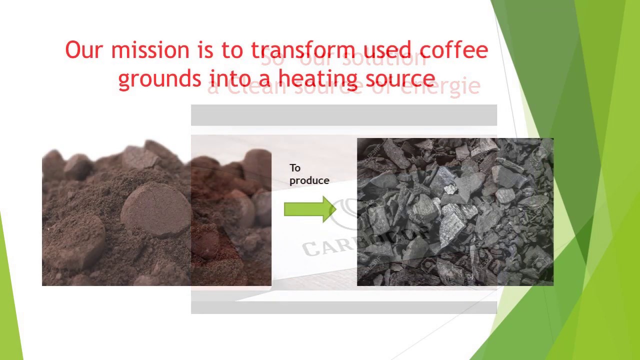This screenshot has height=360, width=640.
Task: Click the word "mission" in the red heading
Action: coord(150,50)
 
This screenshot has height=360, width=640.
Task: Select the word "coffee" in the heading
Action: coord(453,50)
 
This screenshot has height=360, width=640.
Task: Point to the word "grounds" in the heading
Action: coord(159,79)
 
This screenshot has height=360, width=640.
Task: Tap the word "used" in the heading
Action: coord(387,50)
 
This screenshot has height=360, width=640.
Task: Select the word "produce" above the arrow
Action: coord(309,180)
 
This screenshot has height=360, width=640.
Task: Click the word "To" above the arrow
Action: coord(294,168)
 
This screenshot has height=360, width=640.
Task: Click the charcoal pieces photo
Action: coord(455,212)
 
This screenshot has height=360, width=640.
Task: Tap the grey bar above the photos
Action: coord(343,115)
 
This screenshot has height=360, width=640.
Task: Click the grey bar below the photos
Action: coord(343,307)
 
